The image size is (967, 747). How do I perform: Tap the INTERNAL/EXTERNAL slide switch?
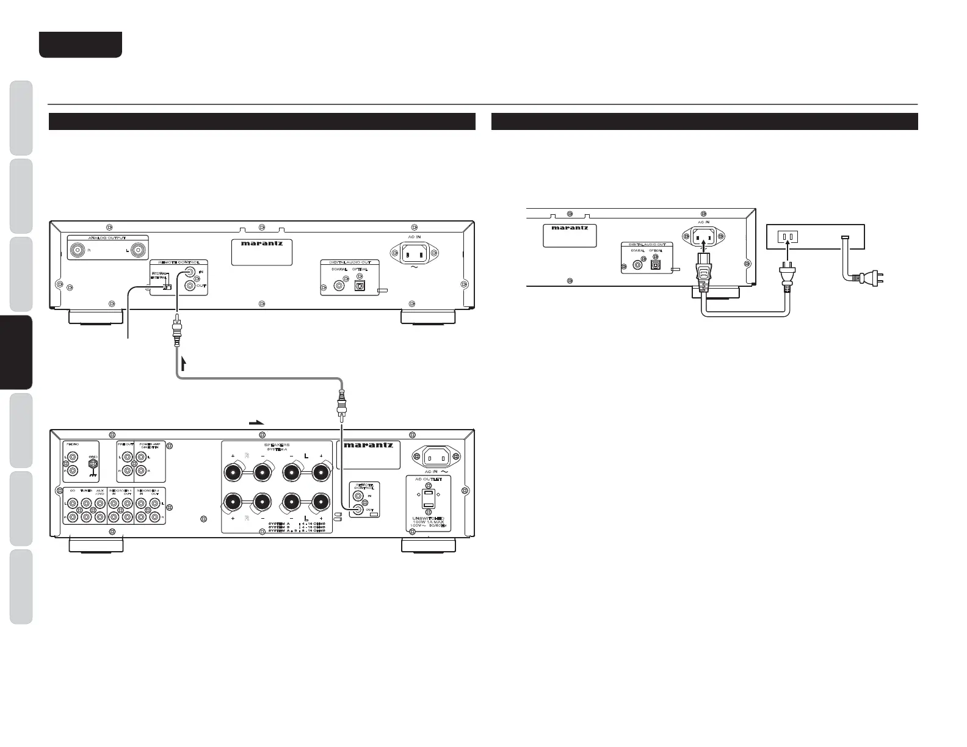coord(167,287)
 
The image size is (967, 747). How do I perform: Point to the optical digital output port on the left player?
coord(360,284)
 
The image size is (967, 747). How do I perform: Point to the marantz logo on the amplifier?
coord(369,445)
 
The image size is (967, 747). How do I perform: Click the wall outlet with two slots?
coord(787,236)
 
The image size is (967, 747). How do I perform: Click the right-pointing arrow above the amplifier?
coord(257,422)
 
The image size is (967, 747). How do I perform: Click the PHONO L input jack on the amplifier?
coord(73,457)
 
